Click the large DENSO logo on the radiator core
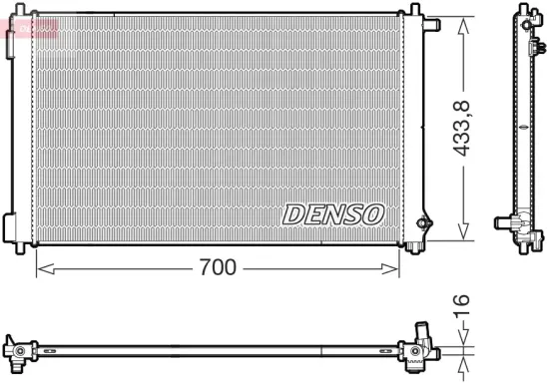[332, 212]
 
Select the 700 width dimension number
[217, 267]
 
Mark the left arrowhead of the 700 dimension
[40, 267]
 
